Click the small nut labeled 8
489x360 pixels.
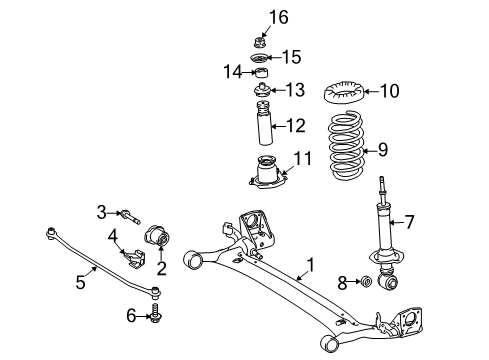point(367,282)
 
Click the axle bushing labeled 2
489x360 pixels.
point(161,240)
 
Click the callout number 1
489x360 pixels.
point(310,265)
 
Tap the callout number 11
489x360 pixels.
point(302,157)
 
